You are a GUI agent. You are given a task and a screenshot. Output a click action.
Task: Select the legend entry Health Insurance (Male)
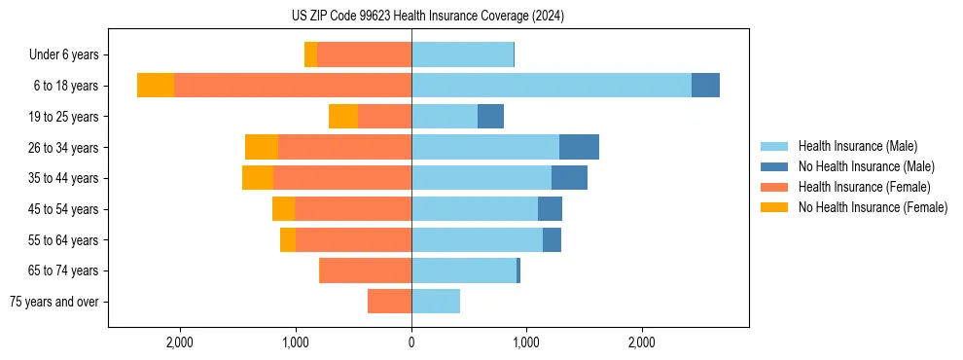[x=857, y=147]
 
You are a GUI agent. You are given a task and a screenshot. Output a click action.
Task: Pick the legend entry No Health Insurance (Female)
[x=873, y=207]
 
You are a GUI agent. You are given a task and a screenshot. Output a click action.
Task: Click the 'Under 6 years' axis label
[x=63, y=54]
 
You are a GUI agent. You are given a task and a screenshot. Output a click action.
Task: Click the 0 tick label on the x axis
[x=411, y=342]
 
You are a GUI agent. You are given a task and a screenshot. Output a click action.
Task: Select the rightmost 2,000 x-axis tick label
[x=642, y=342]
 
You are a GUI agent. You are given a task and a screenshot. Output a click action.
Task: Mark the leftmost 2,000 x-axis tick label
[x=181, y=342]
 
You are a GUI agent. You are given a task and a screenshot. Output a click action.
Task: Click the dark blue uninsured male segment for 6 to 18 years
[x=705, y=86]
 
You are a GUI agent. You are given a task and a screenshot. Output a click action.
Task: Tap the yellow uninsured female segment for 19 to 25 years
[x=343, y=117]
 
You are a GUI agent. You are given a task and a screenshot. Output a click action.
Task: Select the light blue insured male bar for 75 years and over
[x=436, y=302]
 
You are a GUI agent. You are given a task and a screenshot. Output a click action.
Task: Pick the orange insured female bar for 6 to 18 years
[x=293, y=86]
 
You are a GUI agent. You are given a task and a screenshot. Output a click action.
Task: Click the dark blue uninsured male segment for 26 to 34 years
[x=579, y=147]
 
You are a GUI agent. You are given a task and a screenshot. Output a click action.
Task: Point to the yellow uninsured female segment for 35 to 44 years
[x=258, y=178]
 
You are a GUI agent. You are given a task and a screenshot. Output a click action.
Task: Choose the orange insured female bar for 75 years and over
[x=389, y=302]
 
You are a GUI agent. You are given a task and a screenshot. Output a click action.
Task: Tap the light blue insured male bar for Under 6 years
[x=462, y=54]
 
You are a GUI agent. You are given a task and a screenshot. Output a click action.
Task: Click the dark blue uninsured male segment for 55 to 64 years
[x=552, y=239]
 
